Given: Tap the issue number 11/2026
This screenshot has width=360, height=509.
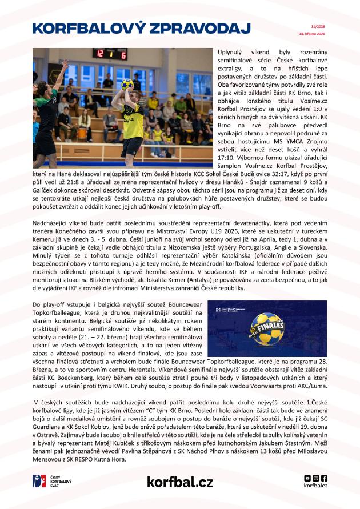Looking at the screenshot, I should click(x=318, y=26).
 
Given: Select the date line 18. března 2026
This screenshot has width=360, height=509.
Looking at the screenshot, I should click(x=311, y=34).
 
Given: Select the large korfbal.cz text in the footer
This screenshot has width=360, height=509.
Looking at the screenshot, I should click(x=179, y=482).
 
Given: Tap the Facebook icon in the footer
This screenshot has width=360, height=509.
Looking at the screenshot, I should click(x=324, y=478).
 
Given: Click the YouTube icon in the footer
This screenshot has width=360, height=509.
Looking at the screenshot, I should click(x=308, y=478).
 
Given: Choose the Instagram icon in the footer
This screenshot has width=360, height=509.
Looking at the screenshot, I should click(x=316, y=478).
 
